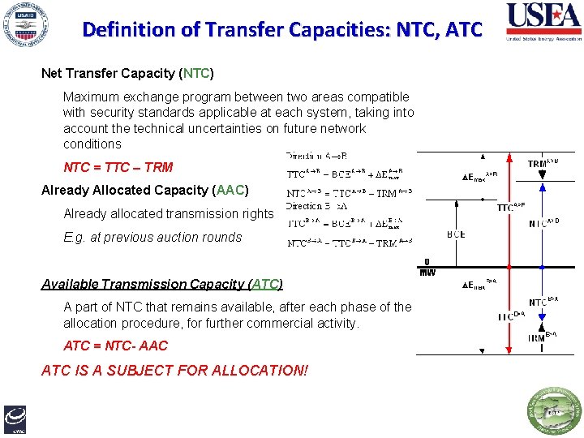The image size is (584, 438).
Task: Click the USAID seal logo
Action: pos(27,26)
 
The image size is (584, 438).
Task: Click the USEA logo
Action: pos(541,22)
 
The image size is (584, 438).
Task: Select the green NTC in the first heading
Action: pos(197,73)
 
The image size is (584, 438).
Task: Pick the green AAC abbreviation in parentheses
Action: pos(230,191)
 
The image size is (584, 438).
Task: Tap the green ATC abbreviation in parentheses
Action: pos(267,284)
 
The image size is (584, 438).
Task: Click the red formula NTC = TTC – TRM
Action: pos(118,167)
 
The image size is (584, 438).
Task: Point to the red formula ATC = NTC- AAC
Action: pos(115,346)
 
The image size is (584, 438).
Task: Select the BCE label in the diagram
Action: pos(456,235)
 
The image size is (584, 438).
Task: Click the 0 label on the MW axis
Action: pos(427,262)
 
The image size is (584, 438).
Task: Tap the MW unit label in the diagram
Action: pos(427,273)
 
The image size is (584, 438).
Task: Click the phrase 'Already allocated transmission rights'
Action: pos(169,214)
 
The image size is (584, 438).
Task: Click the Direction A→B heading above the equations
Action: pos(316,156)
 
